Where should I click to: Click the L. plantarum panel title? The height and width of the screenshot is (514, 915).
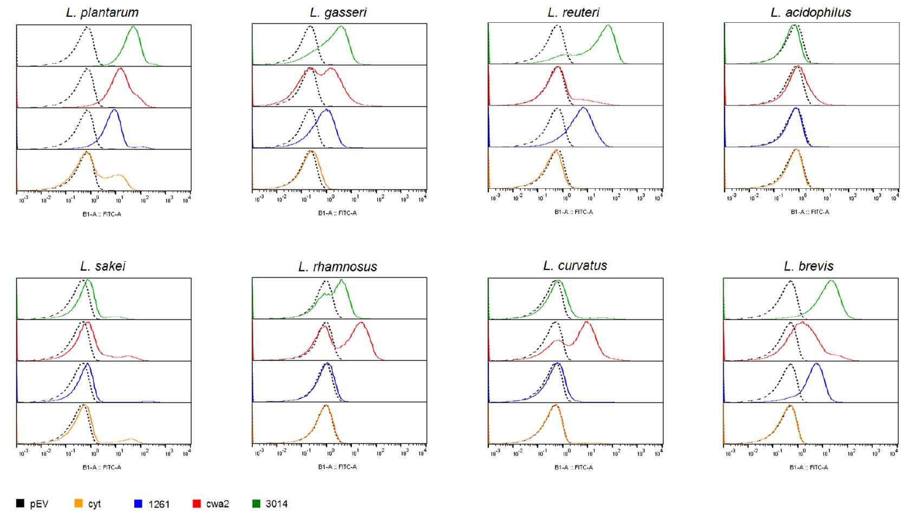point(102,12)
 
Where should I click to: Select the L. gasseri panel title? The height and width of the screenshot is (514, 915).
point(338,12)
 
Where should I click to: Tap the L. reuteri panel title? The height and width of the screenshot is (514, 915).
point(573,12)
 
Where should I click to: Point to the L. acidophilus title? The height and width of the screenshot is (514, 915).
point(811,12)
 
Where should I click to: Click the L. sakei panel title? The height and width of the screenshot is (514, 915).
point(103,266)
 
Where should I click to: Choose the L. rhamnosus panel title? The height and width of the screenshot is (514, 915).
point(338,267)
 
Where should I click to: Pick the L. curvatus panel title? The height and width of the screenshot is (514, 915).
point(575,266)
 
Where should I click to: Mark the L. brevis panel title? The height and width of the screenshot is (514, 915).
point(809,266)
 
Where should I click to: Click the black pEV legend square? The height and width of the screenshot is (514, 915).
point(21,504)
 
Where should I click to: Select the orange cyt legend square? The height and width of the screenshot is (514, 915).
point(79,504)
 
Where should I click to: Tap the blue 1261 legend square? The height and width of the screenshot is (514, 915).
point(138,504)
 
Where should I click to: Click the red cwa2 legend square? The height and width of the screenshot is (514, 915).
point(197,504)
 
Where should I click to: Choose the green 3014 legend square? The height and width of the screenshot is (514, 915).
point(256,504)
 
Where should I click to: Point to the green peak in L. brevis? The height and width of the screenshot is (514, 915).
point(831,281)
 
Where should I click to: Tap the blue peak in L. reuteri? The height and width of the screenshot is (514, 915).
point(583,109)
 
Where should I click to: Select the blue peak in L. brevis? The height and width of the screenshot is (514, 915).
point(816,364)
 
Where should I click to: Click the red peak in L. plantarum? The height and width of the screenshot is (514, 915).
point(120,69)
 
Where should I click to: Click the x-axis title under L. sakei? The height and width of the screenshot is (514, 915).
point(102,467)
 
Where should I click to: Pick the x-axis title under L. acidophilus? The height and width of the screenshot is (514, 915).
point(809,212)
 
